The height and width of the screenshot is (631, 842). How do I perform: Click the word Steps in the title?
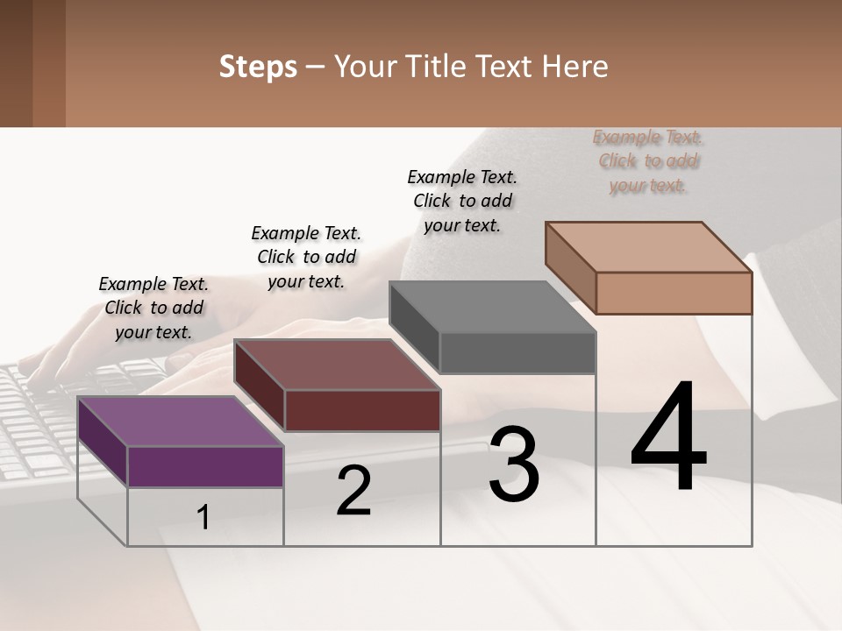(258, 67)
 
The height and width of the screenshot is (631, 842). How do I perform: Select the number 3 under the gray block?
(514, 465)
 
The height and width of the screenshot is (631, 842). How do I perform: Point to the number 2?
(353, 491)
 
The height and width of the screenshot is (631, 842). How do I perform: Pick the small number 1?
(203, 518)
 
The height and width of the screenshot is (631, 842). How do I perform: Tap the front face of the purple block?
(205, 466)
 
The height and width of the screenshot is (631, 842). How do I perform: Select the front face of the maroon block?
(362, 410)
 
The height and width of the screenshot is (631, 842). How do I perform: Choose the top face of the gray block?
(492, 307)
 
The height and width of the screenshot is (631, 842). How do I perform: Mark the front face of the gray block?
(517, 352)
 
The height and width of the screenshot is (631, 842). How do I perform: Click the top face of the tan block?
(648, 246)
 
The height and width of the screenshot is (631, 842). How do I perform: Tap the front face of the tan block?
(674, 293)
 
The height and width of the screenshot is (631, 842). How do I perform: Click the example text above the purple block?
(153, 308)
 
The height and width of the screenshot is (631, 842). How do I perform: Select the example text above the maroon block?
(306, 257)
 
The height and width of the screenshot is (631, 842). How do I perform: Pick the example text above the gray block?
(462, 201)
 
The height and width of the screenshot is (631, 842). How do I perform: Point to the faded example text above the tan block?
(648, 160)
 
